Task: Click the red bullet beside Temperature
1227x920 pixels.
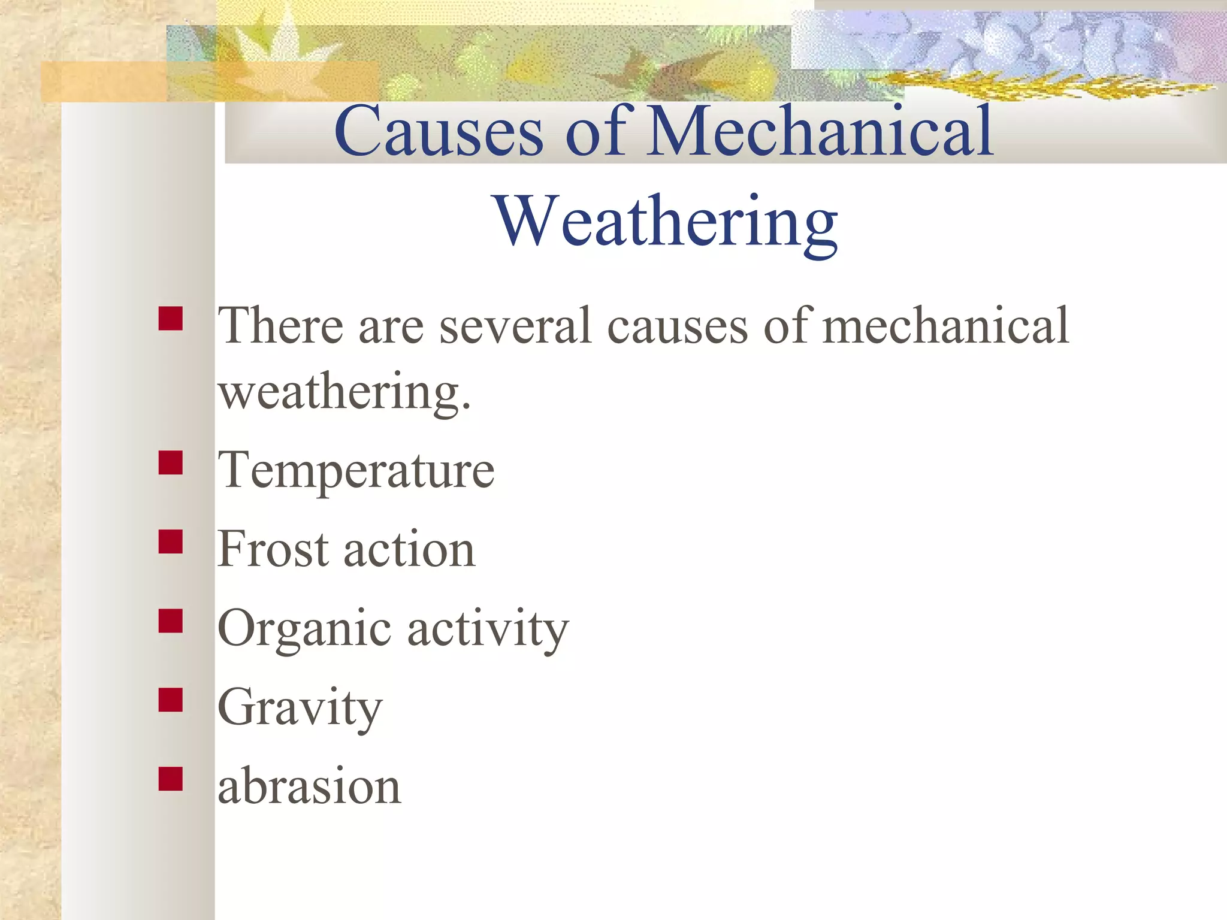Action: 171,463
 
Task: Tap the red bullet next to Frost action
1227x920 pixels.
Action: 171,542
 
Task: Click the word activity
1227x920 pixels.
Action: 488,629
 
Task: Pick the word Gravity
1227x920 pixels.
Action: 300,708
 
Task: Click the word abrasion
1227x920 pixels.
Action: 309,786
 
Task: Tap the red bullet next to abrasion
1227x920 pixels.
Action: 171,779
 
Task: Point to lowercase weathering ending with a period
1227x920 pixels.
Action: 344,393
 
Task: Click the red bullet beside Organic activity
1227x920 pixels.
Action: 171,621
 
